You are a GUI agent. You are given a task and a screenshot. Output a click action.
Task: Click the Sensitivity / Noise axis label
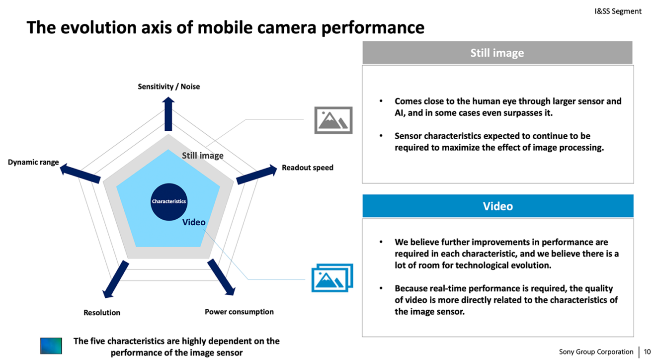168,87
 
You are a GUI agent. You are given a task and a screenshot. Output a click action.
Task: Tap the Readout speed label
307,168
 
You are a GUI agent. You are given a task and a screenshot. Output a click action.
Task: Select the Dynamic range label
33,162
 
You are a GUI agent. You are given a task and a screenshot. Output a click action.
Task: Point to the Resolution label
102,312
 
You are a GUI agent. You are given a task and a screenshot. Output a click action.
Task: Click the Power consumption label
239,312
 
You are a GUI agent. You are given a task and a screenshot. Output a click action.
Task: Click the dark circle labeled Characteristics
168,201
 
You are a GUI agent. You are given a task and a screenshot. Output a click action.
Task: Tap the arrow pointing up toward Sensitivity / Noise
168,114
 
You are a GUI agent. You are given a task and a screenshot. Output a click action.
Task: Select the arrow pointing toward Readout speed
256,175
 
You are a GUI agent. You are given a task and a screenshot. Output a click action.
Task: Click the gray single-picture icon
333,120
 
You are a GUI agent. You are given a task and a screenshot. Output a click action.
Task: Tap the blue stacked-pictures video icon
332,277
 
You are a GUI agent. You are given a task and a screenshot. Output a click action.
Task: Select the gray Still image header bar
497,53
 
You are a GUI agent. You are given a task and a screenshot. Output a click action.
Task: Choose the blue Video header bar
497,206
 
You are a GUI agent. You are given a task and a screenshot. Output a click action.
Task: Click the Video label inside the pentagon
194,222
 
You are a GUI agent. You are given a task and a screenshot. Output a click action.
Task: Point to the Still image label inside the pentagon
202,156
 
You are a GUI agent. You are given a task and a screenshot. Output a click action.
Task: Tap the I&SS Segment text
618,11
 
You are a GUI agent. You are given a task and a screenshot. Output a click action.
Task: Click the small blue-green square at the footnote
51,346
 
